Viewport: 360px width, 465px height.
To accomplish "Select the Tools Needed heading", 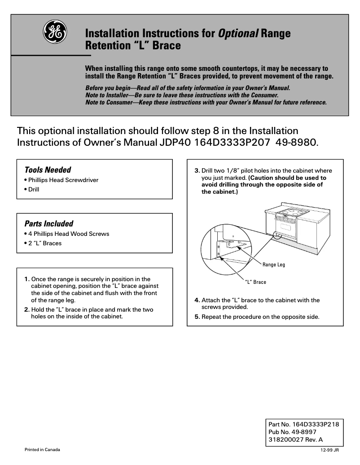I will (x=48, y=170).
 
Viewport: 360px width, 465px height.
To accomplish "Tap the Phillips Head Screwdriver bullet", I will (x=61, y=180).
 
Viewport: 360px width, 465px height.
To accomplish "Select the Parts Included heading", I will (x=48, y=223).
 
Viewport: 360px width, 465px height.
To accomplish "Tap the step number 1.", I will (x=27, y=279).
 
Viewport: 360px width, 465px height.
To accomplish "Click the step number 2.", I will (x=27, y=309).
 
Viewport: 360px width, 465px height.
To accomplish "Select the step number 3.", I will (x=197, y=171).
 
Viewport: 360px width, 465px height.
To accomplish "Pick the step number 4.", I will (x=197, y=300).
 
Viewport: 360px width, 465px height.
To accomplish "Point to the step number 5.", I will (x=197, y=317).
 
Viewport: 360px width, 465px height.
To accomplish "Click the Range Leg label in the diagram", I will (x=273, y=265).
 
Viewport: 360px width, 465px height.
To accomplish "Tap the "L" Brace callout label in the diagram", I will (x=255, y=282).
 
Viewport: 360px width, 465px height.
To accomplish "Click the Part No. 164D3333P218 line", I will (x=303, y=424).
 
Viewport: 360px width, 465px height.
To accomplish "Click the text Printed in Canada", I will (x=42, y=449).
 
